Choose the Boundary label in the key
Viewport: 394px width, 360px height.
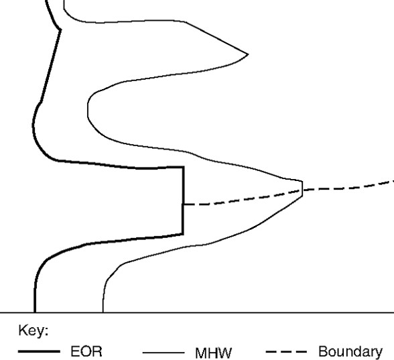pos(350,352)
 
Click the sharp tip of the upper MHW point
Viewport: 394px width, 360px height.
pos(249,53)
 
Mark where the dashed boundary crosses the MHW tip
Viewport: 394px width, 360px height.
pos(303,190)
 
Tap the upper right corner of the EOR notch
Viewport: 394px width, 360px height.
pos(183,167)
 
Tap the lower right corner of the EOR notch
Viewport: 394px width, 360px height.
pos(183,233)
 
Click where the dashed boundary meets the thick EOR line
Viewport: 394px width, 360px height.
pos(183,204)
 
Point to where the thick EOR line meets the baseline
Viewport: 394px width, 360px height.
pos(35,312)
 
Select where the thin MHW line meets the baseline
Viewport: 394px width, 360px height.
pos(103,312)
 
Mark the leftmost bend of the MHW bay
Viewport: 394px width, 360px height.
pos(88,107)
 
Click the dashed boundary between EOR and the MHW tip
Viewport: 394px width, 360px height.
pos(241,198)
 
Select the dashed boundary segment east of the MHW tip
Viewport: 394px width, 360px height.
pos(348,187)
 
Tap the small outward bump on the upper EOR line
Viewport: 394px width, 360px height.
pos(60,28)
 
